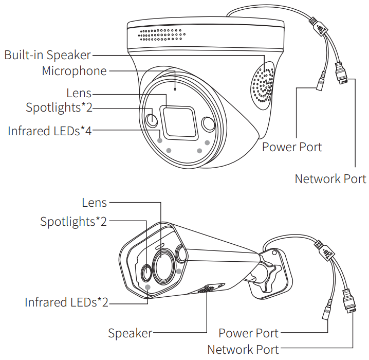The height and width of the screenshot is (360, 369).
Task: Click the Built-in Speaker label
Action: pos(47,55)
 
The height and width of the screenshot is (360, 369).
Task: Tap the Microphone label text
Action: pos(74,71)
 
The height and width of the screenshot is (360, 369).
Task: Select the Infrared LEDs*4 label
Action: pos(49,131)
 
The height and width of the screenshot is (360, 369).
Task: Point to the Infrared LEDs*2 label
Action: pos(66,302)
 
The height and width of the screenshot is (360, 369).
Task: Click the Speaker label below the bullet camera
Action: pos(130,333)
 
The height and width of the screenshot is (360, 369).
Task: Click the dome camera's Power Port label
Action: pos(292,147)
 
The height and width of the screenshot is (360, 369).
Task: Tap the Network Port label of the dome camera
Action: pos(330,178)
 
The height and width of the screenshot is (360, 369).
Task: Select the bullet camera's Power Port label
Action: pos(248,333)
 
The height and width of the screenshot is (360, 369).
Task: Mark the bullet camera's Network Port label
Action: pos(243,350)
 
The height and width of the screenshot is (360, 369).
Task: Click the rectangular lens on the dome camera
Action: pos(177,122)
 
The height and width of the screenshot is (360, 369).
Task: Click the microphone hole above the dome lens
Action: pos(175,89)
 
